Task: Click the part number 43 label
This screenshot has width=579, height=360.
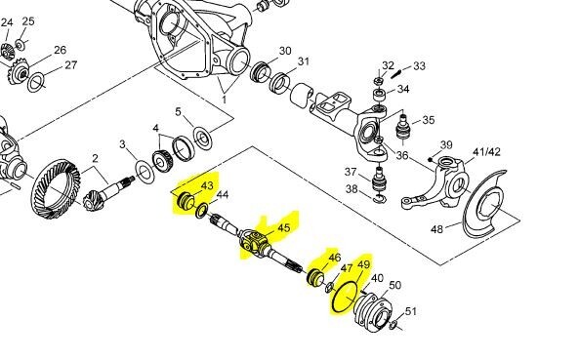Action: tap(206, 185)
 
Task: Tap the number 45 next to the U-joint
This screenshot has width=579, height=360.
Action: tap(284, 227)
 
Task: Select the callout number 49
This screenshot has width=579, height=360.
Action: tap(365, 264)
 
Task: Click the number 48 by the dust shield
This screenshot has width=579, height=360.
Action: tap(437, 229)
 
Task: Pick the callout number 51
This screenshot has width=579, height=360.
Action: tap(411, 312)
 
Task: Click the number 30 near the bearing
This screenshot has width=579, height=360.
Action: tap(285, 51)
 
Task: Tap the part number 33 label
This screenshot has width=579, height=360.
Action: tap(419, 66)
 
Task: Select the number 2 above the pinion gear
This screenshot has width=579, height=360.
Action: tap(96, 159)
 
